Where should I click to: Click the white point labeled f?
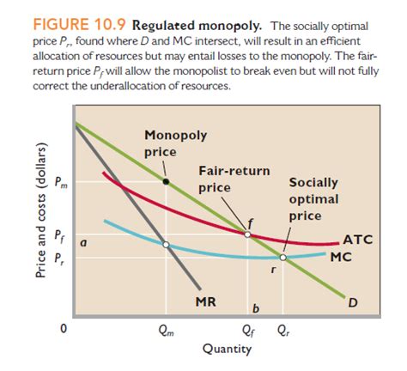coord(248,233)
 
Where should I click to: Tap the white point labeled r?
coord(283,256)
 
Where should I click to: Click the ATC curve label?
coord(356,240)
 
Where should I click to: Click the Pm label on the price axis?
coord(58,182)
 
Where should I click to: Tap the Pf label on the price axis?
coord(58,234)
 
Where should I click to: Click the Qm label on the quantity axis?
coord(166,327)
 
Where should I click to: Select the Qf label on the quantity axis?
coord(248,327)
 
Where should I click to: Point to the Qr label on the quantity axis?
coord(283,327)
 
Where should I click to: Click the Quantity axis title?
coord(227,349)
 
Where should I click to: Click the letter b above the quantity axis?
coord(255,307)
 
